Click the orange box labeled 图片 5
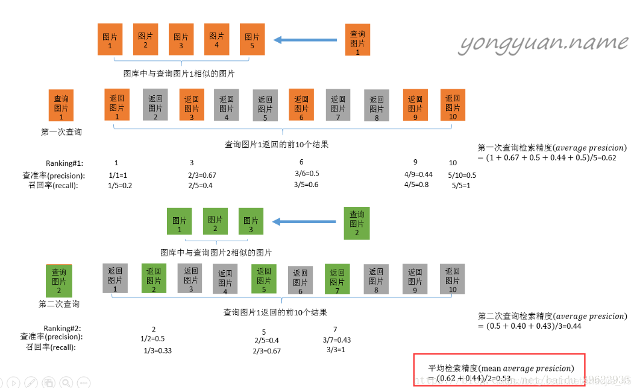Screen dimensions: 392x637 pyautogui.click(x=253, y=40)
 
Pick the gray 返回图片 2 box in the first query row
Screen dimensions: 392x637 pyautogui.click(x=155, y=104)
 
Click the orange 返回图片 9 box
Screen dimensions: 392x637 pyautogui.click(x=415, y=104)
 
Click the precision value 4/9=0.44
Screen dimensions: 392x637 pyautogui.click(x=419, y=174)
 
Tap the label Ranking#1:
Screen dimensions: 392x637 pyautogui.click(x=64, y=163)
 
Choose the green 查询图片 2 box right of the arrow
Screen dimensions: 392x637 pyautogui.click(x=357, y=223)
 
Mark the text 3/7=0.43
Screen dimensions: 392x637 pyautogui.click(x=336, y=340)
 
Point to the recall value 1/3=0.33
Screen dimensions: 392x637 pyautogui.click(x=158, y=350)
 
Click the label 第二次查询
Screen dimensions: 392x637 pyautogui.click(x=59, y=304)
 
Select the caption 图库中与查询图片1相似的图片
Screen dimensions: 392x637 pyautogui.click(x=179, y=74)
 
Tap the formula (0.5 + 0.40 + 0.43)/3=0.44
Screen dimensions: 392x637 pyautogui.click(x=530, y=326)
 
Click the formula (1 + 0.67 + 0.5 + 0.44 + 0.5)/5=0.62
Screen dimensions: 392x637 pyautogui.click(x=547, y=158)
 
